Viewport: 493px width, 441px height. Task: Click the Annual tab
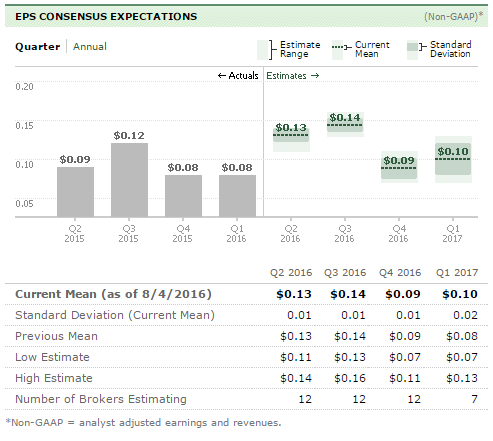(90, 46)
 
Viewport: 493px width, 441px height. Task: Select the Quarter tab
(38, 46)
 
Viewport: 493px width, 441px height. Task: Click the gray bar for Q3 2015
(129, 180)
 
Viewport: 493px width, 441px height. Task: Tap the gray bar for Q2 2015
(75, 192)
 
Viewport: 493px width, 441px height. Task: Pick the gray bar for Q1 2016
(237, 196)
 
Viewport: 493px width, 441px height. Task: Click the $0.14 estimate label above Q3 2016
(345, 118)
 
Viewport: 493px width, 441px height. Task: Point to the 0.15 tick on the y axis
(24, 126)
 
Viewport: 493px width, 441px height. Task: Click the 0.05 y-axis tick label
(24, 203)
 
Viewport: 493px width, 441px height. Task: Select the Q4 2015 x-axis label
(183, 233)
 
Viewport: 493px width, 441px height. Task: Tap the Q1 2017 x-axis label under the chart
(452, 233)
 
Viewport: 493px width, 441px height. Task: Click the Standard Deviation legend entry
(439, 49)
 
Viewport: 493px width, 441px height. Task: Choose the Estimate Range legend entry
(289, 49)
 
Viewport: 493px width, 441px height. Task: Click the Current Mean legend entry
(361, 49)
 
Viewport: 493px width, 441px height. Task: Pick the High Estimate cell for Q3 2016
(350, 378)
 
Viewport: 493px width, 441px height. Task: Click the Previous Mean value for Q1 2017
(462, 336)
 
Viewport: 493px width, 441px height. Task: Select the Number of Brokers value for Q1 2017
(474, 399)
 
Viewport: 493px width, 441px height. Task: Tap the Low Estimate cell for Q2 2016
(296, 357)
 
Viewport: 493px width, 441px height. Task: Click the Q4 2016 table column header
(400, 273)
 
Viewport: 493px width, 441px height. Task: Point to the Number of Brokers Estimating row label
(101, 399)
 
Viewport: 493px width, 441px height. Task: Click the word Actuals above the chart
(243, 76)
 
